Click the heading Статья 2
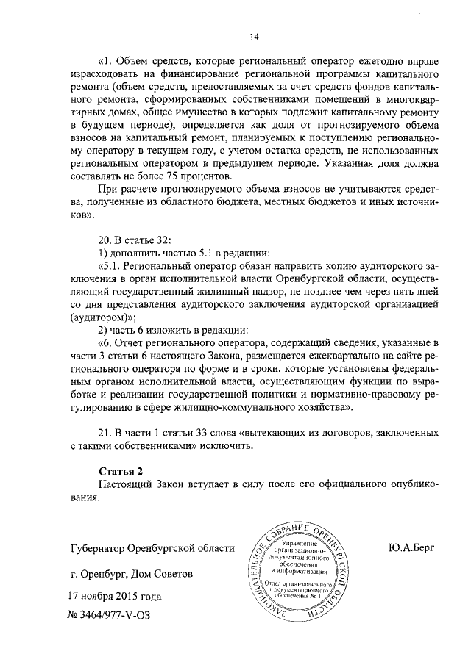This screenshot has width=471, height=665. click(118, 470)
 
